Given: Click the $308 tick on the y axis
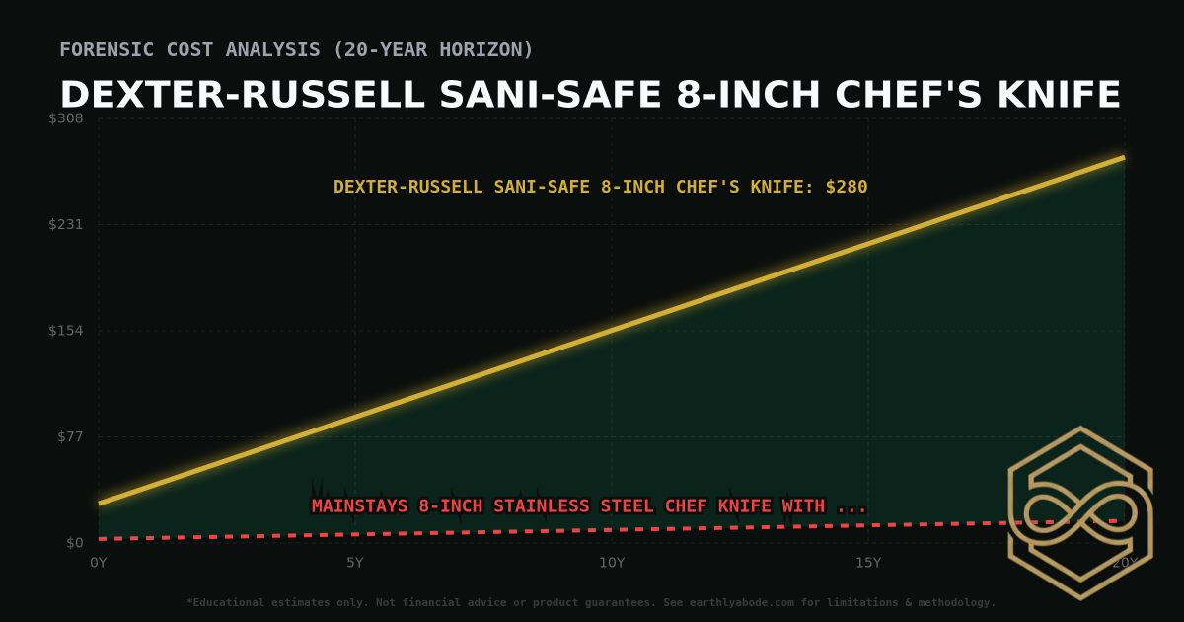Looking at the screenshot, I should coord(67,118).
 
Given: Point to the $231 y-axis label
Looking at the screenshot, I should coord(67,224).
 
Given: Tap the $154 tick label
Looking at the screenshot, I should coord(67,331).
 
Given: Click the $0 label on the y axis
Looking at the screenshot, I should coord(75,543).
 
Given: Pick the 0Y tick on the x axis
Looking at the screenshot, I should coord(99,563).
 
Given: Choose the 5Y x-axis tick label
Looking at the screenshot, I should coord(355,563).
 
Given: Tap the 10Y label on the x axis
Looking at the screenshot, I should coord(612,563).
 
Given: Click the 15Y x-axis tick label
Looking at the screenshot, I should coord(868,563).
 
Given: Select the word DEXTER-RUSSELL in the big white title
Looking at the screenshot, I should coord(243,96).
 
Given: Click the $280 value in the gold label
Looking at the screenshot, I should coord(847,187).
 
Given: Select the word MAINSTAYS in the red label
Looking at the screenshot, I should coord(360,506).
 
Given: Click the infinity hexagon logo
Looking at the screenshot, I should coord(1079,512).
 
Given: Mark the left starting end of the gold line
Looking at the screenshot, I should coord(100,504).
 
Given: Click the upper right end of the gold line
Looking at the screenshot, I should coord(1123,157).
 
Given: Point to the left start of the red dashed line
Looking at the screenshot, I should coord(101,539).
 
